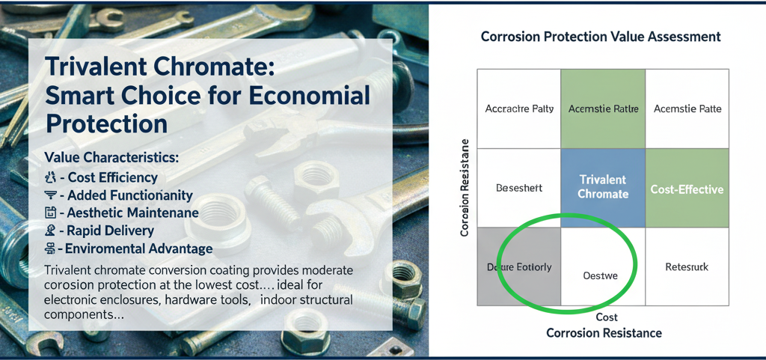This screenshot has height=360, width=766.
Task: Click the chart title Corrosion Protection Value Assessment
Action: coord(601,37)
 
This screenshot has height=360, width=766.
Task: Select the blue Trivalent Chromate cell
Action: coord(603,186)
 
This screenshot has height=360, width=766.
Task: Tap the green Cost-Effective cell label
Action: coord(687,189)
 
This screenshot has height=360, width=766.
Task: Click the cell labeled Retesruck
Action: coord(686,266)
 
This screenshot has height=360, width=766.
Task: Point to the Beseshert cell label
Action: coord(519,188)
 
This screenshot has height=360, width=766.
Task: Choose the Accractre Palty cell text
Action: coord(519,109)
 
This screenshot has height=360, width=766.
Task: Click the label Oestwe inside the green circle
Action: coord(600,275)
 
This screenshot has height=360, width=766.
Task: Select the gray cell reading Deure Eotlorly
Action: coord(519,267)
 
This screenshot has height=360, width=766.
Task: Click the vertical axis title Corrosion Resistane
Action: coord(465,188)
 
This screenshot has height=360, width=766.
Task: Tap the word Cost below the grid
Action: coord(607,317)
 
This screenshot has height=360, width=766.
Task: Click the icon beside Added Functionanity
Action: coord(51,195)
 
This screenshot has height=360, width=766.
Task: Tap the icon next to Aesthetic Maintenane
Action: coord(51,213)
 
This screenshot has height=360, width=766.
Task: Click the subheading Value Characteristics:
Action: coord(111,158)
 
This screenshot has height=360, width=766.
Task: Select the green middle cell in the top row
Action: coord(603,109)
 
